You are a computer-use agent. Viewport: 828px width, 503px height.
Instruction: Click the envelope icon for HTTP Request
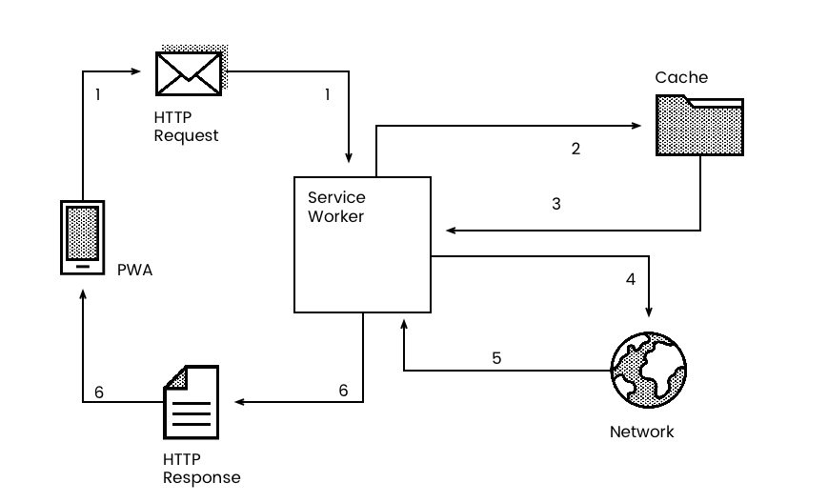click(189, 73)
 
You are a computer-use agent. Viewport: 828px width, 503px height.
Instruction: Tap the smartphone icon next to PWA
click(83, 237)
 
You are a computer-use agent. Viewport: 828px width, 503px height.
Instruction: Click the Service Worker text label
click(335, 207)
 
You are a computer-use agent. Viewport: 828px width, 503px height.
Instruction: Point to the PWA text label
click(135, 271)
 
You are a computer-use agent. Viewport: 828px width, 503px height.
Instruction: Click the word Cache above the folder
click(681, 77)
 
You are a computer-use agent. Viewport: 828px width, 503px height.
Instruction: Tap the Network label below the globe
click(641, 432)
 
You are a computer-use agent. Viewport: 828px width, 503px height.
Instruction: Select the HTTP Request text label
click(186, 126)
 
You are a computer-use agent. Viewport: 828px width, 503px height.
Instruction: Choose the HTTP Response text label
click(201, 468)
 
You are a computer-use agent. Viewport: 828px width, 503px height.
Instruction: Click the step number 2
click(576, 149)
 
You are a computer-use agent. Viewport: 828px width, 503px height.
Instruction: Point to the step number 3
click(556, 203)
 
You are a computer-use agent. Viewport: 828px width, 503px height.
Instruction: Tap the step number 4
click(630, 280)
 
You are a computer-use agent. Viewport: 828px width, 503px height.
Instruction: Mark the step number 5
click(496, 358)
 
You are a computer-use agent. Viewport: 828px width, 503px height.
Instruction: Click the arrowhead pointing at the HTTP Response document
click(240, 402)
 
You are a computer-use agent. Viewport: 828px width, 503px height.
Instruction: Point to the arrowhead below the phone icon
click(83, 295)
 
